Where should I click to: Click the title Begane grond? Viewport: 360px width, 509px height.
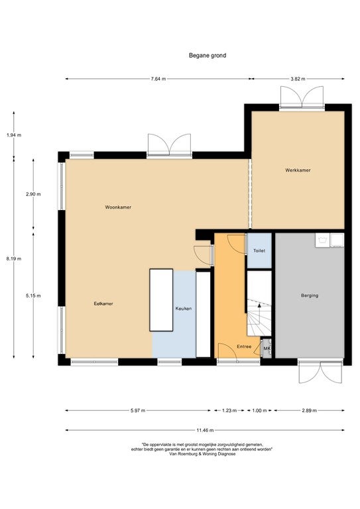point(208,56)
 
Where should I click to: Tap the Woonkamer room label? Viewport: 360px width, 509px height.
point(118,207)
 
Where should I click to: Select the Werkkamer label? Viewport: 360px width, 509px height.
point(298,170)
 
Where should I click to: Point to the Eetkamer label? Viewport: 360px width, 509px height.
point(103,304)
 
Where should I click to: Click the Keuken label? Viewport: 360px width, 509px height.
point(184,309)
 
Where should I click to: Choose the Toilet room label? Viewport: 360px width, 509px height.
point(259,251)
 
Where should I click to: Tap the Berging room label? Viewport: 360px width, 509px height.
point(310,296)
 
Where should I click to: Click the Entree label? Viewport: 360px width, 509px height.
point(244,347)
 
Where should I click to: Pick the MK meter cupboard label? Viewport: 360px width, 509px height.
point(267,349)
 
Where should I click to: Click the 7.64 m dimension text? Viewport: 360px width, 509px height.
point(158,79)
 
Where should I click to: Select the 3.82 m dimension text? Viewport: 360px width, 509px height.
point(298,79)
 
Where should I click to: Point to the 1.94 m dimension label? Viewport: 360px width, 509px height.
point(14,135)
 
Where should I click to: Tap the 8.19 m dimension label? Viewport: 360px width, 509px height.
point(14,258)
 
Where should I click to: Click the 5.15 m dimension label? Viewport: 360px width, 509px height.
point(33,296)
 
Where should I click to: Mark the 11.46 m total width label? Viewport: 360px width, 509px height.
point(205,430)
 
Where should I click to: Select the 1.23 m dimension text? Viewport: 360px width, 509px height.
point(229,411)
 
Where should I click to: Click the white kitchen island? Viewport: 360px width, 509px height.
point(161,300)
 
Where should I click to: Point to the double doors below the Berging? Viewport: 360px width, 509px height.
point(320,371)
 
